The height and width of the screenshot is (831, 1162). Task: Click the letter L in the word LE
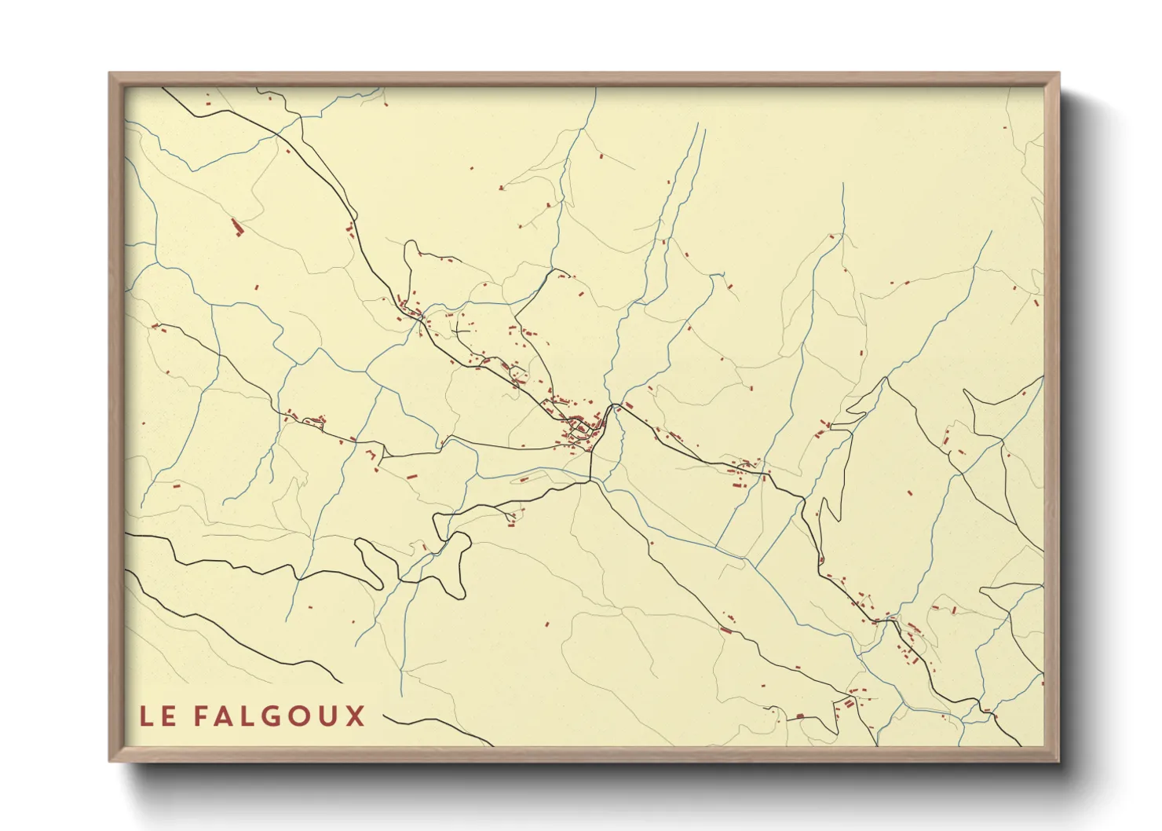pyautogui.click(x=145, y=716)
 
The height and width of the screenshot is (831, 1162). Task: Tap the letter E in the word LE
pyautogui.click(x=168, y=716)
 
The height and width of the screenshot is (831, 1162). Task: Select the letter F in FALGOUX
pyautogui.click(x=201, y=716)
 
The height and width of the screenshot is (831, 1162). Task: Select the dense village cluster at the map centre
pyautogui.click(x=581, y=428)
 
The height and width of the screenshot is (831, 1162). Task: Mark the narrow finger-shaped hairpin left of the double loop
pyautogui.click(x=369, y=559)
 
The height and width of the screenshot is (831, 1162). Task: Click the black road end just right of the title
pyautogui.click(x=385, y=716)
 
